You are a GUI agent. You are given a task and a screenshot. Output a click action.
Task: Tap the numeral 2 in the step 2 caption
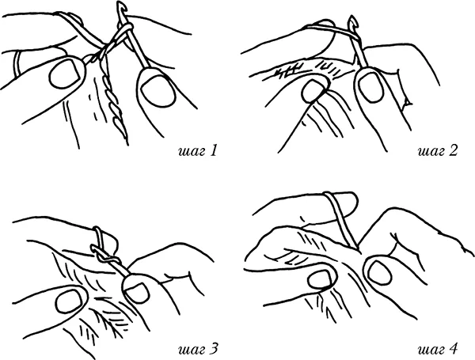[x=453, y=151]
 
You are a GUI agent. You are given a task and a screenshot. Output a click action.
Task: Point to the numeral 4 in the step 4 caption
[x=452, y=349]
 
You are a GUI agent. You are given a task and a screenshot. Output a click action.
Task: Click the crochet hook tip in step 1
[x=120, y=6]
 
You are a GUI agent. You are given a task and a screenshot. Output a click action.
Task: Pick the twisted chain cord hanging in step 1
[x=113, y=100]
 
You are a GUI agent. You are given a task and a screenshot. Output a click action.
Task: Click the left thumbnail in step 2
[x=313, y=90]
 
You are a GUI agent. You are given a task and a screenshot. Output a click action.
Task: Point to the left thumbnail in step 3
[x=70, y=301]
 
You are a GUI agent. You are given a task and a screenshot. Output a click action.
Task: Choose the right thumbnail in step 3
[x=137, y=290]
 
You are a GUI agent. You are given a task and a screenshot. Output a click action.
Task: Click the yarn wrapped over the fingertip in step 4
[x=340, y=218]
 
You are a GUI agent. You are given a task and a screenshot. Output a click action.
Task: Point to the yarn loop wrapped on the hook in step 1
[x=123, y=30]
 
